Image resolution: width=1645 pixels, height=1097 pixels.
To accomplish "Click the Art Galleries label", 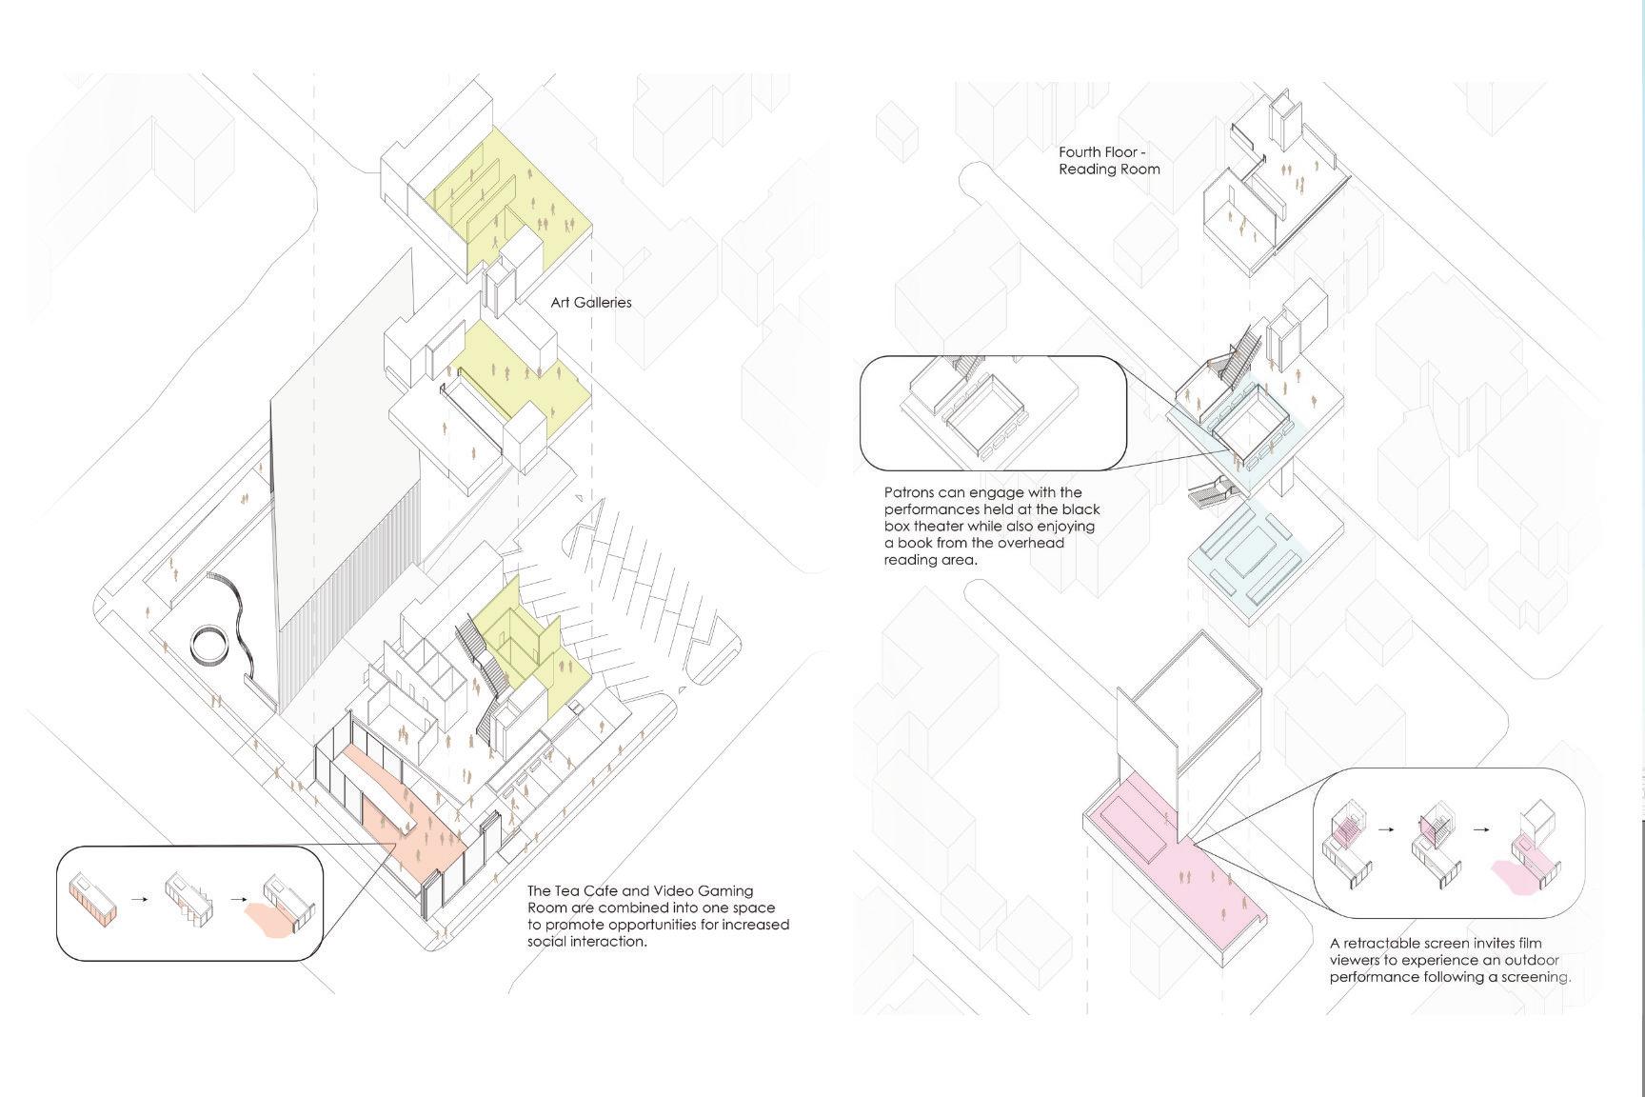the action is click(591, 303).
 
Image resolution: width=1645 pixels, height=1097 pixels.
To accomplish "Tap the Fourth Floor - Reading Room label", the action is click(1109, 161).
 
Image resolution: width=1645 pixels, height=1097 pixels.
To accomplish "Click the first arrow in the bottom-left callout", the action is click(140, 898).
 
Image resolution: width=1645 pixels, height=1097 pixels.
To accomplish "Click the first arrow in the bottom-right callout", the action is click(1386, 829).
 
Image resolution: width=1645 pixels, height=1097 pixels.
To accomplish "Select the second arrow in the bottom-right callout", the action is click(1481, 829).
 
